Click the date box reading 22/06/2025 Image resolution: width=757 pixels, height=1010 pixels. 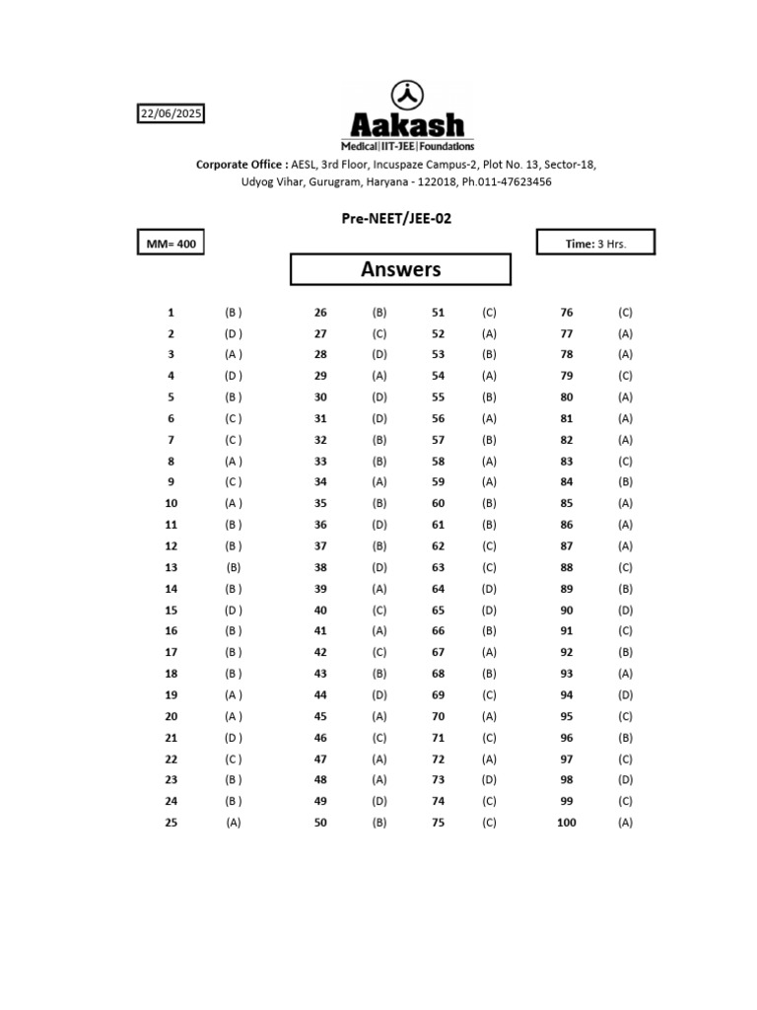pos(171,114)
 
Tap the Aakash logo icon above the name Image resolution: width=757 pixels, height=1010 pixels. pos(407,95)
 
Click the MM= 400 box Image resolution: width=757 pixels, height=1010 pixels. pos(171,244)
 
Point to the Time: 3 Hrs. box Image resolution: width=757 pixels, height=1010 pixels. pos(594,244)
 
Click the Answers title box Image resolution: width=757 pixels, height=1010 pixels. pos(400,269)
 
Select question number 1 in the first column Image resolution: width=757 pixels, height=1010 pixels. pos(171,312)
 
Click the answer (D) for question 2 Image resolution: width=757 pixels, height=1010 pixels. pos(233,333)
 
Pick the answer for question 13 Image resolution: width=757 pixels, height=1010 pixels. pos(233,567)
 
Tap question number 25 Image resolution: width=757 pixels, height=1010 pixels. pos(171,823)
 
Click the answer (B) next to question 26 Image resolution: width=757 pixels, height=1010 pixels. pos(379,312)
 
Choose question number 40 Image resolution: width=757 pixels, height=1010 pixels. pos(320,611)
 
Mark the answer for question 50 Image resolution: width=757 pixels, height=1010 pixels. pos(379,823)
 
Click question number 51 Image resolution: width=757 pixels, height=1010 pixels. pos(439,312)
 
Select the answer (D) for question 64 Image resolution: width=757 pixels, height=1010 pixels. pos(489,589)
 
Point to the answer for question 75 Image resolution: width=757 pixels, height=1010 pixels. pos(489,823)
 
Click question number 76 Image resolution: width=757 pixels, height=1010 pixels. pos(567,312)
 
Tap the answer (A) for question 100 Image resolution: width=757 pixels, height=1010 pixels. pos(625,823)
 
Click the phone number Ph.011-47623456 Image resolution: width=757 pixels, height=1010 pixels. pos(507,181)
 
